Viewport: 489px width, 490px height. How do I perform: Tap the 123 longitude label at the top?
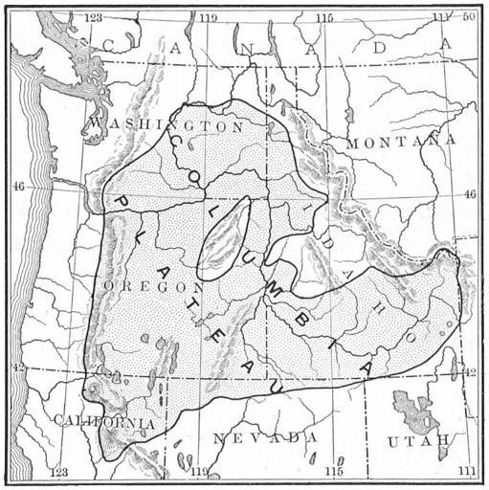coord(94,18)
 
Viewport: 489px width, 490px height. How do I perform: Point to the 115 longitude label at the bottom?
coord(331,472)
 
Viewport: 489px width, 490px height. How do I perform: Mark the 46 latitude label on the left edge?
coord(18,188)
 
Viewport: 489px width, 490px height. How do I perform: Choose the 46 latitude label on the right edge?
coord(470,194)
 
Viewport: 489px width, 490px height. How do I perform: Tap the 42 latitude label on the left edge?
coord(18,366)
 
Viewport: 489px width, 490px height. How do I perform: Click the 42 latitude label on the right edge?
coord(470,371)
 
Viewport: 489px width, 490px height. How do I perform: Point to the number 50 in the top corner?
coord(469,17)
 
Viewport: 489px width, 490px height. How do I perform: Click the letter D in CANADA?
coord(380,46)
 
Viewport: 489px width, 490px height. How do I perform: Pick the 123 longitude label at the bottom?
coord(59,472)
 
